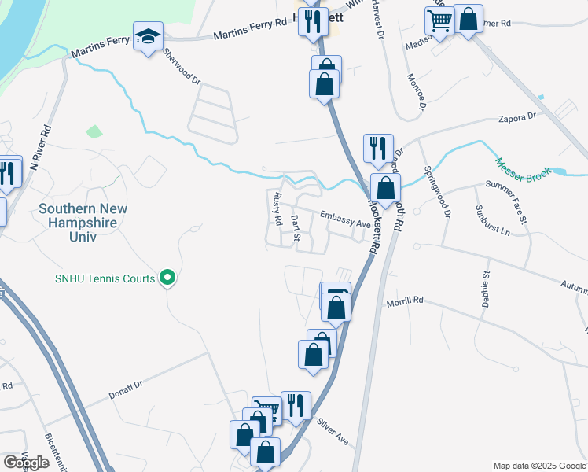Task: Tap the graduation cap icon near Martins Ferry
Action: point(148,37)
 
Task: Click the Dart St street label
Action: point(296,224)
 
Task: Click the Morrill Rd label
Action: point(405,301)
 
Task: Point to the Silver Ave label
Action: point(332,430)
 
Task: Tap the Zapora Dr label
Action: point(516,116)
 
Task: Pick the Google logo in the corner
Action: point(26,463)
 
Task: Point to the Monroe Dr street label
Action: point(416,93)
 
